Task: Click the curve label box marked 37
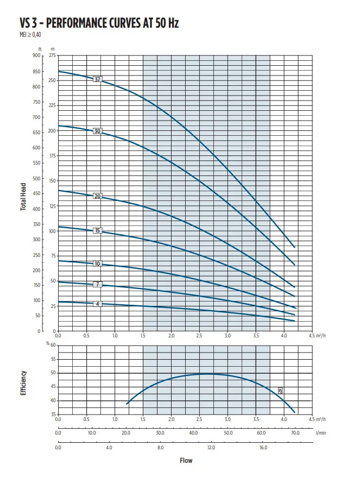98,79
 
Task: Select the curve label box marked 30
98,131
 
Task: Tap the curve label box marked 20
98,196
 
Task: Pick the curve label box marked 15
98,231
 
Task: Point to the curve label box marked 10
98,263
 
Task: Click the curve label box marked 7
98,285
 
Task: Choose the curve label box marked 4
98,304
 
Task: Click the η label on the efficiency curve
280,390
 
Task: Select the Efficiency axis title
24,383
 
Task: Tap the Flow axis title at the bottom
186,461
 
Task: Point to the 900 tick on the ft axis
36,55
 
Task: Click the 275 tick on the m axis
52,55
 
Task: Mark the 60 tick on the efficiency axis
53,345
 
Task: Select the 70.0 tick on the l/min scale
295,434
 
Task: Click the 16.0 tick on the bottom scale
263,448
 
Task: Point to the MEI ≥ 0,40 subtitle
29,35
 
